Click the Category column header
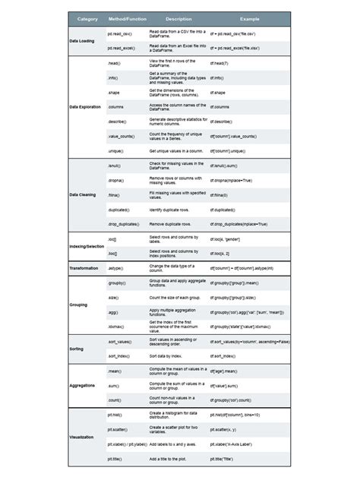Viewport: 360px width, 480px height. tap(87, 18)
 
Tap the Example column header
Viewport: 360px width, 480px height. tap(249, 18)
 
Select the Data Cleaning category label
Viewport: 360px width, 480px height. tap(83, 194)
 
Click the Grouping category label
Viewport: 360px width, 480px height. tap(79, 305)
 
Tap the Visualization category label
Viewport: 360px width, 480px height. tap(83, 437)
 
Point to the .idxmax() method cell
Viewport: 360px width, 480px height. tap(115, 327)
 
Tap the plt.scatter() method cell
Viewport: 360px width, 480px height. tap(119, 430)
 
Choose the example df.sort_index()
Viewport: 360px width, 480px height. tap(226, 356)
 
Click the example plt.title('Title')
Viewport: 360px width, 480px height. tap(227, 459)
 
